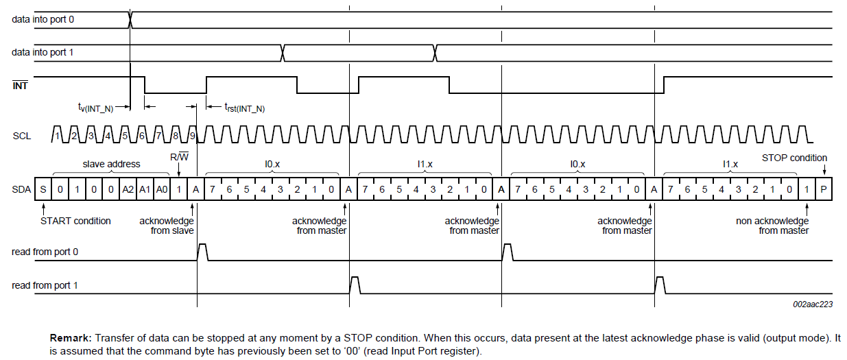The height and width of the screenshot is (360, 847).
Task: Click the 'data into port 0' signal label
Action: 43,19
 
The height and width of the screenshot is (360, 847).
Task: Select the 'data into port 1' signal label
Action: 43,52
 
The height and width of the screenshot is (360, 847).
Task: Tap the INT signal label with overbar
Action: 21,86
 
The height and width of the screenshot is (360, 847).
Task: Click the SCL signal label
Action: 21,136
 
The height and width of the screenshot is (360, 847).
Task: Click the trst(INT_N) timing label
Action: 244,107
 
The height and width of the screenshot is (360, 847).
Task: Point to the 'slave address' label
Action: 111,165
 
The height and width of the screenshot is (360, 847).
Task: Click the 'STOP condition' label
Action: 794,158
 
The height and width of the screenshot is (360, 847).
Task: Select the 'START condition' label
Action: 75,221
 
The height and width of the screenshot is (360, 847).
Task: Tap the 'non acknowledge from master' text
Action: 772,226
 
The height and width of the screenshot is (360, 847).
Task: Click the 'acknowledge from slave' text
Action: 166,226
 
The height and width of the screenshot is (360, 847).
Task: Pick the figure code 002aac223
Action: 813,304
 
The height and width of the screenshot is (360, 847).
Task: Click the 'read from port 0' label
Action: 45,252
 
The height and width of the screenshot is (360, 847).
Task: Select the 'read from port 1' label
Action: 45,285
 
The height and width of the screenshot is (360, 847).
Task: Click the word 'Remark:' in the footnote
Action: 71,338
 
